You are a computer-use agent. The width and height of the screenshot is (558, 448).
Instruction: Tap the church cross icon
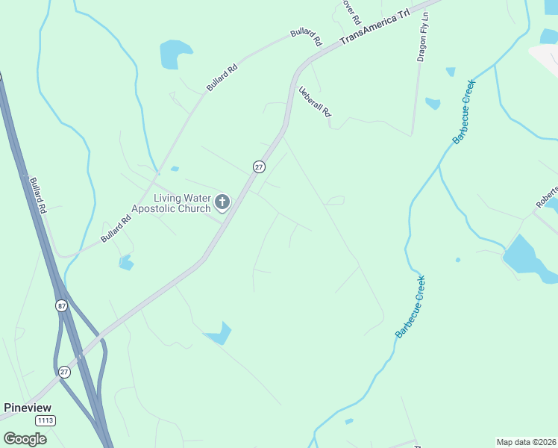coord(222,202)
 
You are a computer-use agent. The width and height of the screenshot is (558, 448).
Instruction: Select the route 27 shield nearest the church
coord(259,167)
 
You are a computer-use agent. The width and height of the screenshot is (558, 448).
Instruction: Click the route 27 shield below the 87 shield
coord(63,372)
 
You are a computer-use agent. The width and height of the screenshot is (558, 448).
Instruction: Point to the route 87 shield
coord(60,305)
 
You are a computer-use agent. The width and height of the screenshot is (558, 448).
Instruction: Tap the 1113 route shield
coord(44,420)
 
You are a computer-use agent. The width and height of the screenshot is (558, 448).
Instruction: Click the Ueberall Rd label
coord(314,101)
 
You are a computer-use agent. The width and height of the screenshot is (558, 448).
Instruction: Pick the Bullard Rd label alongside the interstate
coord(38,196)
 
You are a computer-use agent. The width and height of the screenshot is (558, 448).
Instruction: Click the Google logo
coord(25,438)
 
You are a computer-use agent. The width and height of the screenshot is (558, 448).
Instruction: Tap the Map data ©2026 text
coord(525,442)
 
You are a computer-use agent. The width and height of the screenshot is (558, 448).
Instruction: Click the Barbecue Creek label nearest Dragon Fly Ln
coord(464,111)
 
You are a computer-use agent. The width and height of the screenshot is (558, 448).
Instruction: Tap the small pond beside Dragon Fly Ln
coord(433,104)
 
